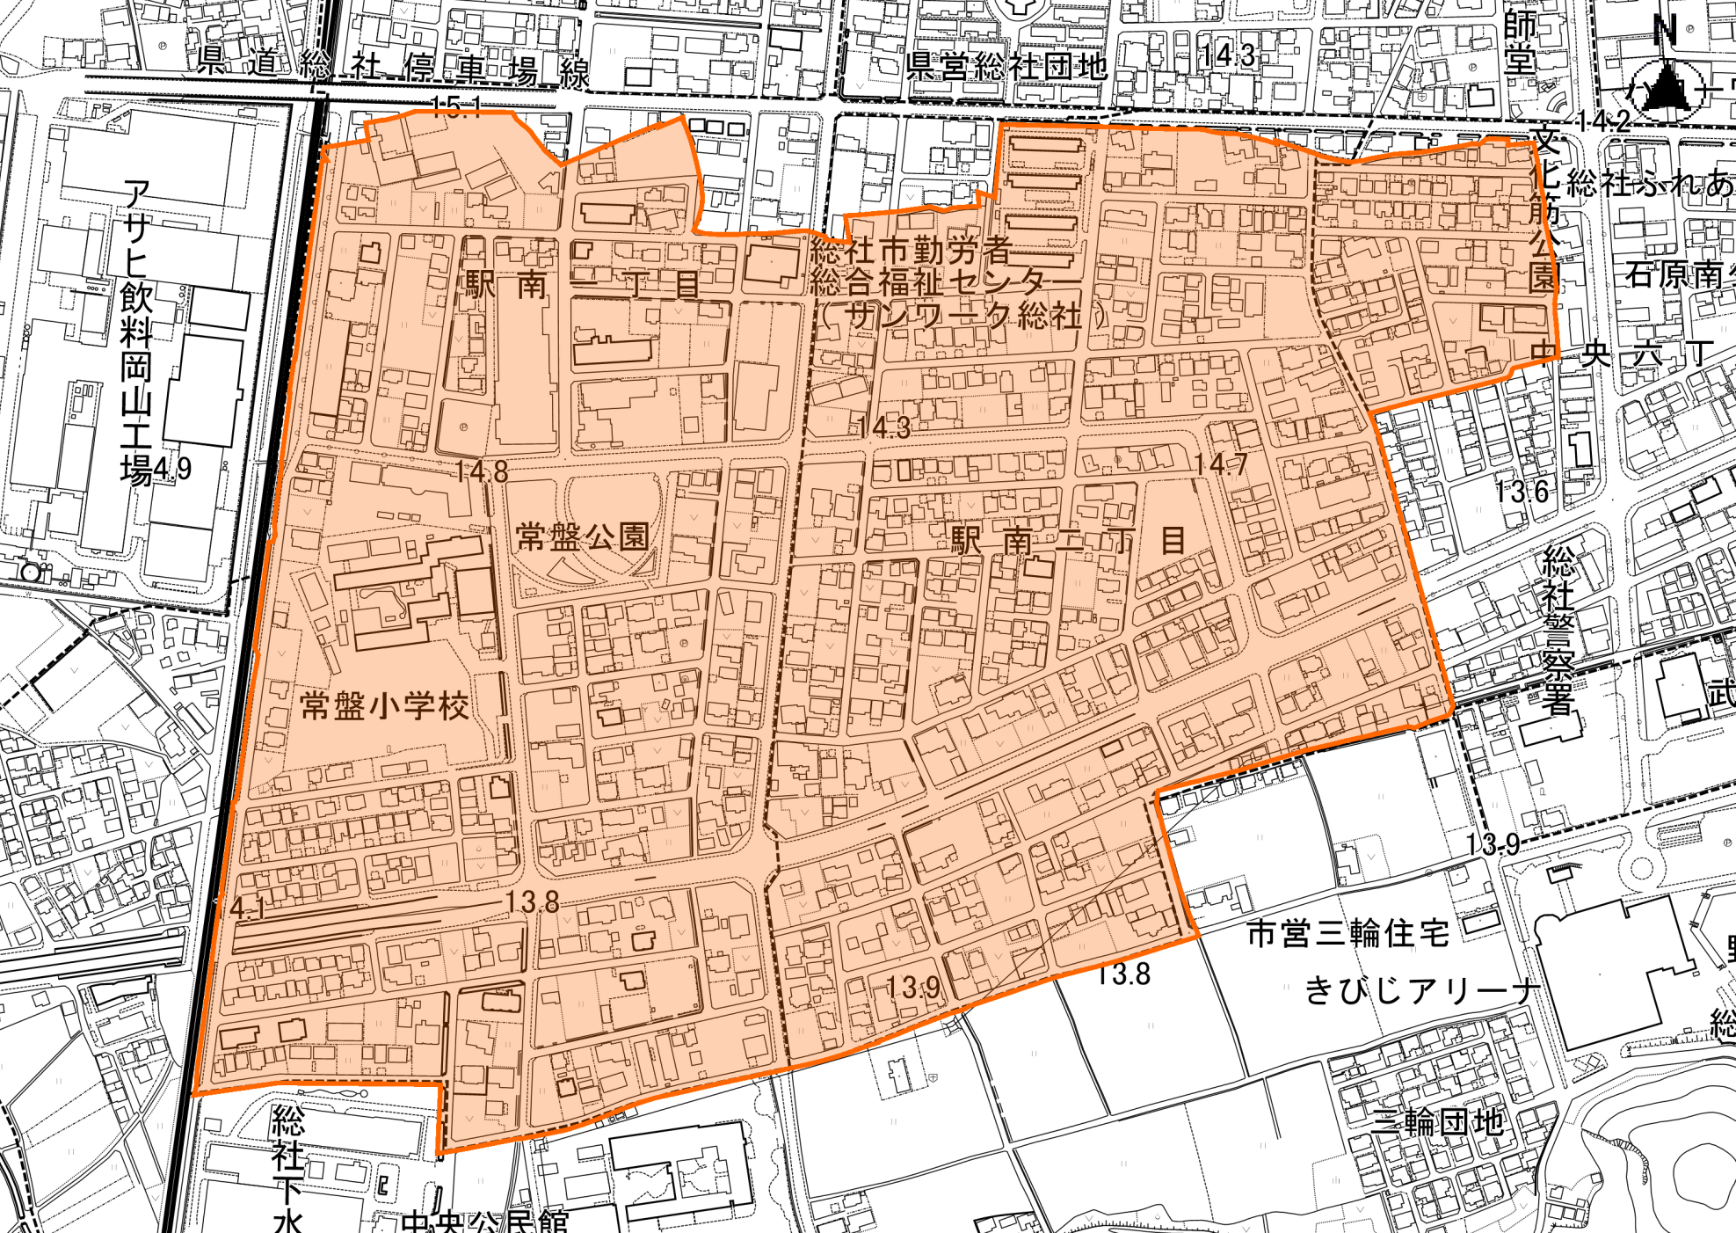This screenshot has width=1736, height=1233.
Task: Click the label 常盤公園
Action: [x=583, y=536]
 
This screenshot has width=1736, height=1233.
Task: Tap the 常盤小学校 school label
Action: [x=384, y=705]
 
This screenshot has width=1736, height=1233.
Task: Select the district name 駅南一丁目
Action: [x=583, y=284]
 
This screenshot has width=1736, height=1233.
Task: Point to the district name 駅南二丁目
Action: [x=1068, y=540]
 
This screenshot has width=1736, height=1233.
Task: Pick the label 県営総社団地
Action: [x=1006, y=66]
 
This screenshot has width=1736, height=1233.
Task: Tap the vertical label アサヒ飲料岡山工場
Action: [x=136, y=332]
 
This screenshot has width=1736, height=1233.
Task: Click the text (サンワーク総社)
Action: [x=963, y=315]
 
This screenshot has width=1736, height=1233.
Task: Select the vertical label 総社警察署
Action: [x=1558, y=631]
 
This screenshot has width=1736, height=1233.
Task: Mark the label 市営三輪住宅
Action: [x=1348, y=933]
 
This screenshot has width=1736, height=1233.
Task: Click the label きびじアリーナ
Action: [x=1421, y=991]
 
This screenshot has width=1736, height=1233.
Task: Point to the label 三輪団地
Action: [x=1438, y=1122]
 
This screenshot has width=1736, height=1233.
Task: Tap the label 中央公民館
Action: [x=484, y=1222]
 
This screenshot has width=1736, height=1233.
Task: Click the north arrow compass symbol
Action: [x=1664, y=86]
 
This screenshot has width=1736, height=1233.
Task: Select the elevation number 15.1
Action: [x=456, y=107]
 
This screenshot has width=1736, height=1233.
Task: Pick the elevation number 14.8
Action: [x=481, y=472]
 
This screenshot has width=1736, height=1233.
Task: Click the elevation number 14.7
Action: [x=1220, y=463]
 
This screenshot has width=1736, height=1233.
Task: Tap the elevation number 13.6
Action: [x=1522, y=491]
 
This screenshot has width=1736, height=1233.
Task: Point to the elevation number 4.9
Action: [x=173, y=469]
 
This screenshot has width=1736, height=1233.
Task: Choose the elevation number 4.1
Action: [x=247, y=907]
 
